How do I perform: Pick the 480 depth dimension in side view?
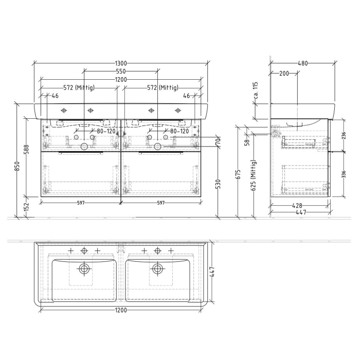coord(303,63)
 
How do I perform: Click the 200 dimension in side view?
coord(283,74)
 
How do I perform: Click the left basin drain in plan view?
coord(84,268)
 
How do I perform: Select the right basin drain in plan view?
coord(157,268)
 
